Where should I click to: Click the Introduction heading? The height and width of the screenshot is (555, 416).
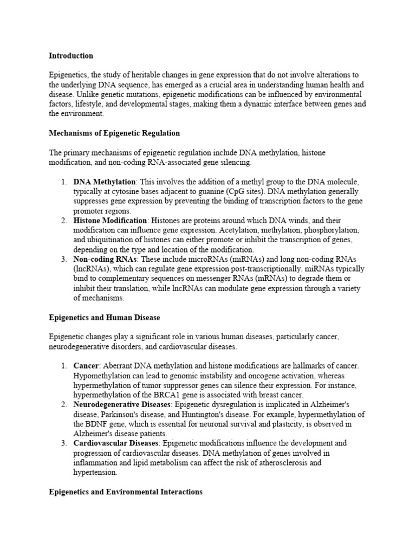[71, 56]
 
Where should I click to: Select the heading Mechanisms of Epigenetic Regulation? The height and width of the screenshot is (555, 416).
[114, 133]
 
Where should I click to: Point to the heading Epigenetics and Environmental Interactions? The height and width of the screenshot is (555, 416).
[126, 492]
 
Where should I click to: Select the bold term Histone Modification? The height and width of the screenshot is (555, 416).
[110, 221]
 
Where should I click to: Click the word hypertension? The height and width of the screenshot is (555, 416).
[95, 473]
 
